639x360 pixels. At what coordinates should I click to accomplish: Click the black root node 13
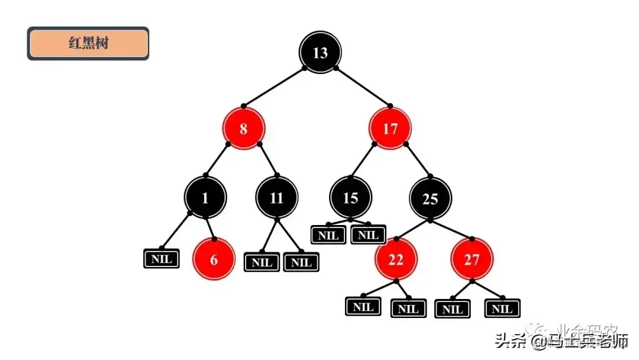[x=320, y=53]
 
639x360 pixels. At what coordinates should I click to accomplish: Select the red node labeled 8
[x=243, y=128]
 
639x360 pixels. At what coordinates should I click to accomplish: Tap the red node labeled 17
[x=390, y=128]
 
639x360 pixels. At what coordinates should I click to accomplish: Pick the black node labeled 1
[x=205, y=198]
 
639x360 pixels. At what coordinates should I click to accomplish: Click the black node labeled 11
[x=277, y=198]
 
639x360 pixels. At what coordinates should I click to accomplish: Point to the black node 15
[x=350, y=198]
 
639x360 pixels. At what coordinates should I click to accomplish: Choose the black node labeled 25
[x=430, y=198]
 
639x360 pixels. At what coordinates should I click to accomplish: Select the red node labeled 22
[x=396, y=259]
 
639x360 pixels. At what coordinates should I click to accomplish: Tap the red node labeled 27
[x=472, y=259]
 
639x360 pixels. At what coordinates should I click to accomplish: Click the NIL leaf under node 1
[x=162, y=259]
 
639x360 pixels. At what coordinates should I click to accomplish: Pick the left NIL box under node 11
[x=262, y=262]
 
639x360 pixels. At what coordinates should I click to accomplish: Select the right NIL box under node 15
[x=368, y=234]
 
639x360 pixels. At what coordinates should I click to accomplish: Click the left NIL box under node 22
[x=363, y=307]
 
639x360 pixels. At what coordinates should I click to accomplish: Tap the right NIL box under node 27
[x=502, y=308]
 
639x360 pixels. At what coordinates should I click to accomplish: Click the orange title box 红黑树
[x=88, y=43]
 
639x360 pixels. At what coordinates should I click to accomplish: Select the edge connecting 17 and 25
[x=418, y=160]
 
